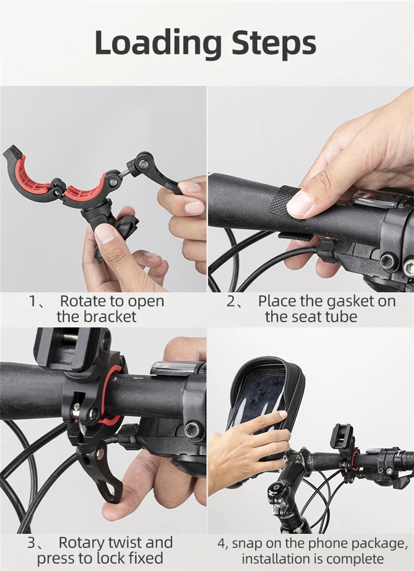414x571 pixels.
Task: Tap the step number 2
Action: click(231, 301)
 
